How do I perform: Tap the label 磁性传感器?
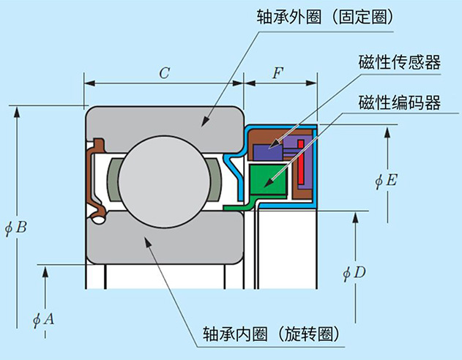click(399, 62)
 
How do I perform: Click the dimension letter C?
click(164, 73)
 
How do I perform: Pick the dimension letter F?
click(277, 73)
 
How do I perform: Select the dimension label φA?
click(43, 319)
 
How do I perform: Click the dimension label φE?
click(385, 180)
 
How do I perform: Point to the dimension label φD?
click(354, 274)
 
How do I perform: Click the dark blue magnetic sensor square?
click(265, 151)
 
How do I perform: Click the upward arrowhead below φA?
click(45, 273)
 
